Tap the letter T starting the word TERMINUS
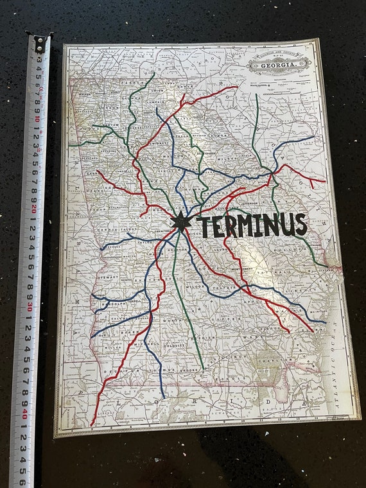click(205, 227)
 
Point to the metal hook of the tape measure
click(39, 44)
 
